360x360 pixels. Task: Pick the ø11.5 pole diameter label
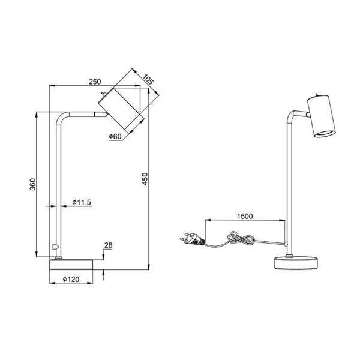coord(81,203)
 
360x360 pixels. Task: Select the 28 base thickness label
coord(108,245)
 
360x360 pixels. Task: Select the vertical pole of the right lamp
coord(288,192)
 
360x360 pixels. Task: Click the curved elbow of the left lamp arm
coord(62,117)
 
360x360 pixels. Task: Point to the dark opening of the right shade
coord(324,131)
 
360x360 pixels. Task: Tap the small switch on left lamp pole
coord(55,247)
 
